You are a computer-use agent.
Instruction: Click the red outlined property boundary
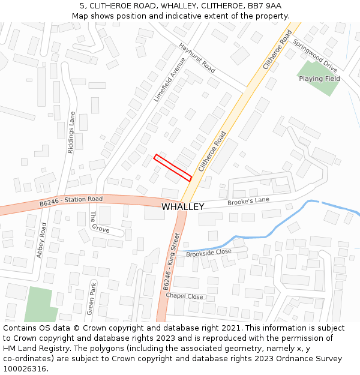pos(173,168)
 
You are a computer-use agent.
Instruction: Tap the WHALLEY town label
pos(182,206)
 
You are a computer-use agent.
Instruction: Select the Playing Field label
pos(319,79)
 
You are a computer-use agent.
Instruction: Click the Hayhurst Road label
pos(197,58)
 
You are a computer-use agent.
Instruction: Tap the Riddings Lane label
pos(71,133)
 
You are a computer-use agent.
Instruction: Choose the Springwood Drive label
pos(315,56)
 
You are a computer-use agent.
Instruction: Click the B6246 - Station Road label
pos(71,201)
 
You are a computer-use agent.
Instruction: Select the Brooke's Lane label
pos(248,202)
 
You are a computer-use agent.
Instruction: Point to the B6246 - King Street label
pos(172,262)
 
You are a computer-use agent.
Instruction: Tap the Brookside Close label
pos(208,253)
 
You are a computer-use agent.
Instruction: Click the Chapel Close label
pos(184,296)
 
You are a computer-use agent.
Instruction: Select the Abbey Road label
pos(41,241)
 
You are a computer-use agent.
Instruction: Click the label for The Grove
pos(100,222)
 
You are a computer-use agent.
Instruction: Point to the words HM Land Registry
pos(34,349)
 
